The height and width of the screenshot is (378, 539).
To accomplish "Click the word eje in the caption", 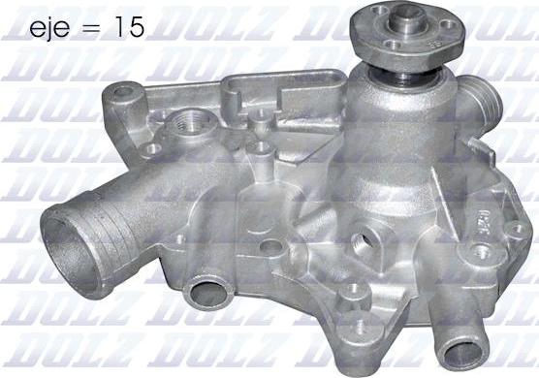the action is click(x=49, y=28).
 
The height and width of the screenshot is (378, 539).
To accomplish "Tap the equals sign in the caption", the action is click(x=91, y=28).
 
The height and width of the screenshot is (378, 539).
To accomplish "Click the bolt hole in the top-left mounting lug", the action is click(x=124, y=92).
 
